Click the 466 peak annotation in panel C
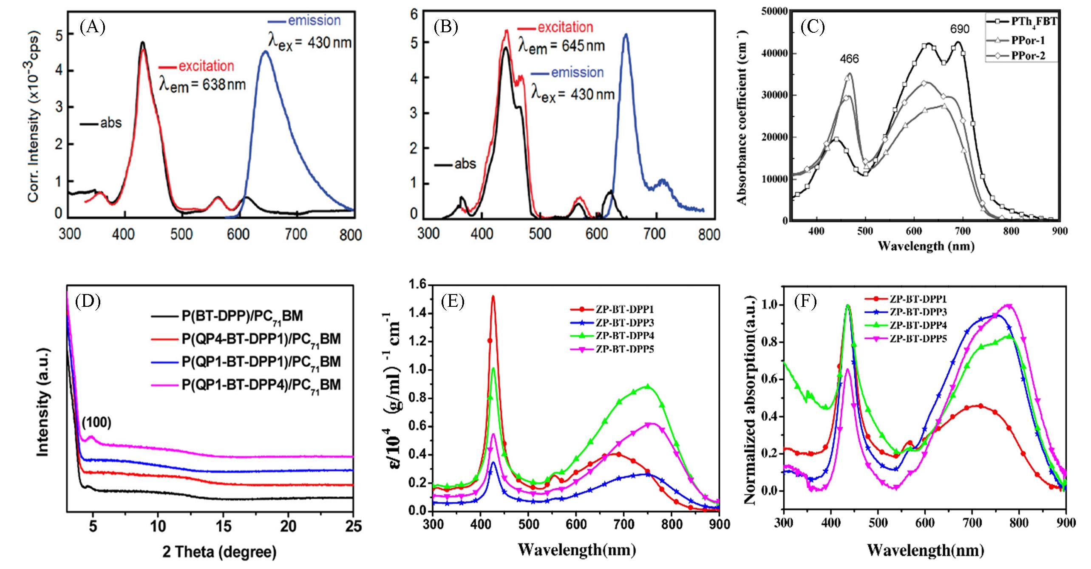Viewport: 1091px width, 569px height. pyautogui.click(x=849, y=59)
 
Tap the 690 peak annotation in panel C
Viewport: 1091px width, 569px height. pyautogui.click(x=960, y=29)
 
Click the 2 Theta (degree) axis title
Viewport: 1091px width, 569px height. pyautogui.click(x=219, y=552)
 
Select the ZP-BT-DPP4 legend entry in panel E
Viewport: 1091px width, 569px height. pyautogui.click(x=624, y=335)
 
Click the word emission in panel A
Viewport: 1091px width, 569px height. pyautogui.click(x=314, y=20)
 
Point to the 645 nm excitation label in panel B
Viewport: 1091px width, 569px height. pyautogui.click(x=561, y=45)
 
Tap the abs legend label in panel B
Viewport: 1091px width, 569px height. pyautogui.click(x=465, y=164)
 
